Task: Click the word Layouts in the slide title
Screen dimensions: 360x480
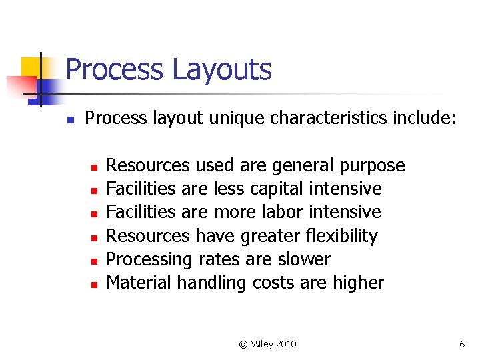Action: (x=221, y=70)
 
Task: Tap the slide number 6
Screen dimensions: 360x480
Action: (x=462, y=344)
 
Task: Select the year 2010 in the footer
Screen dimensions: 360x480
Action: (x=284, y=344)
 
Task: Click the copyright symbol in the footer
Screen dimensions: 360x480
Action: (x=243, y=344)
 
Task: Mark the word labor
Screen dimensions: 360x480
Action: (x=289, y=212)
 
